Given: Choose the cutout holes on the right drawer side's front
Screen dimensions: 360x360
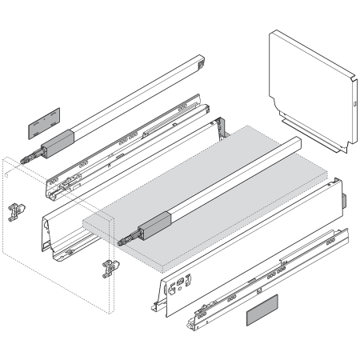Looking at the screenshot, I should (x=183, y=285).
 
